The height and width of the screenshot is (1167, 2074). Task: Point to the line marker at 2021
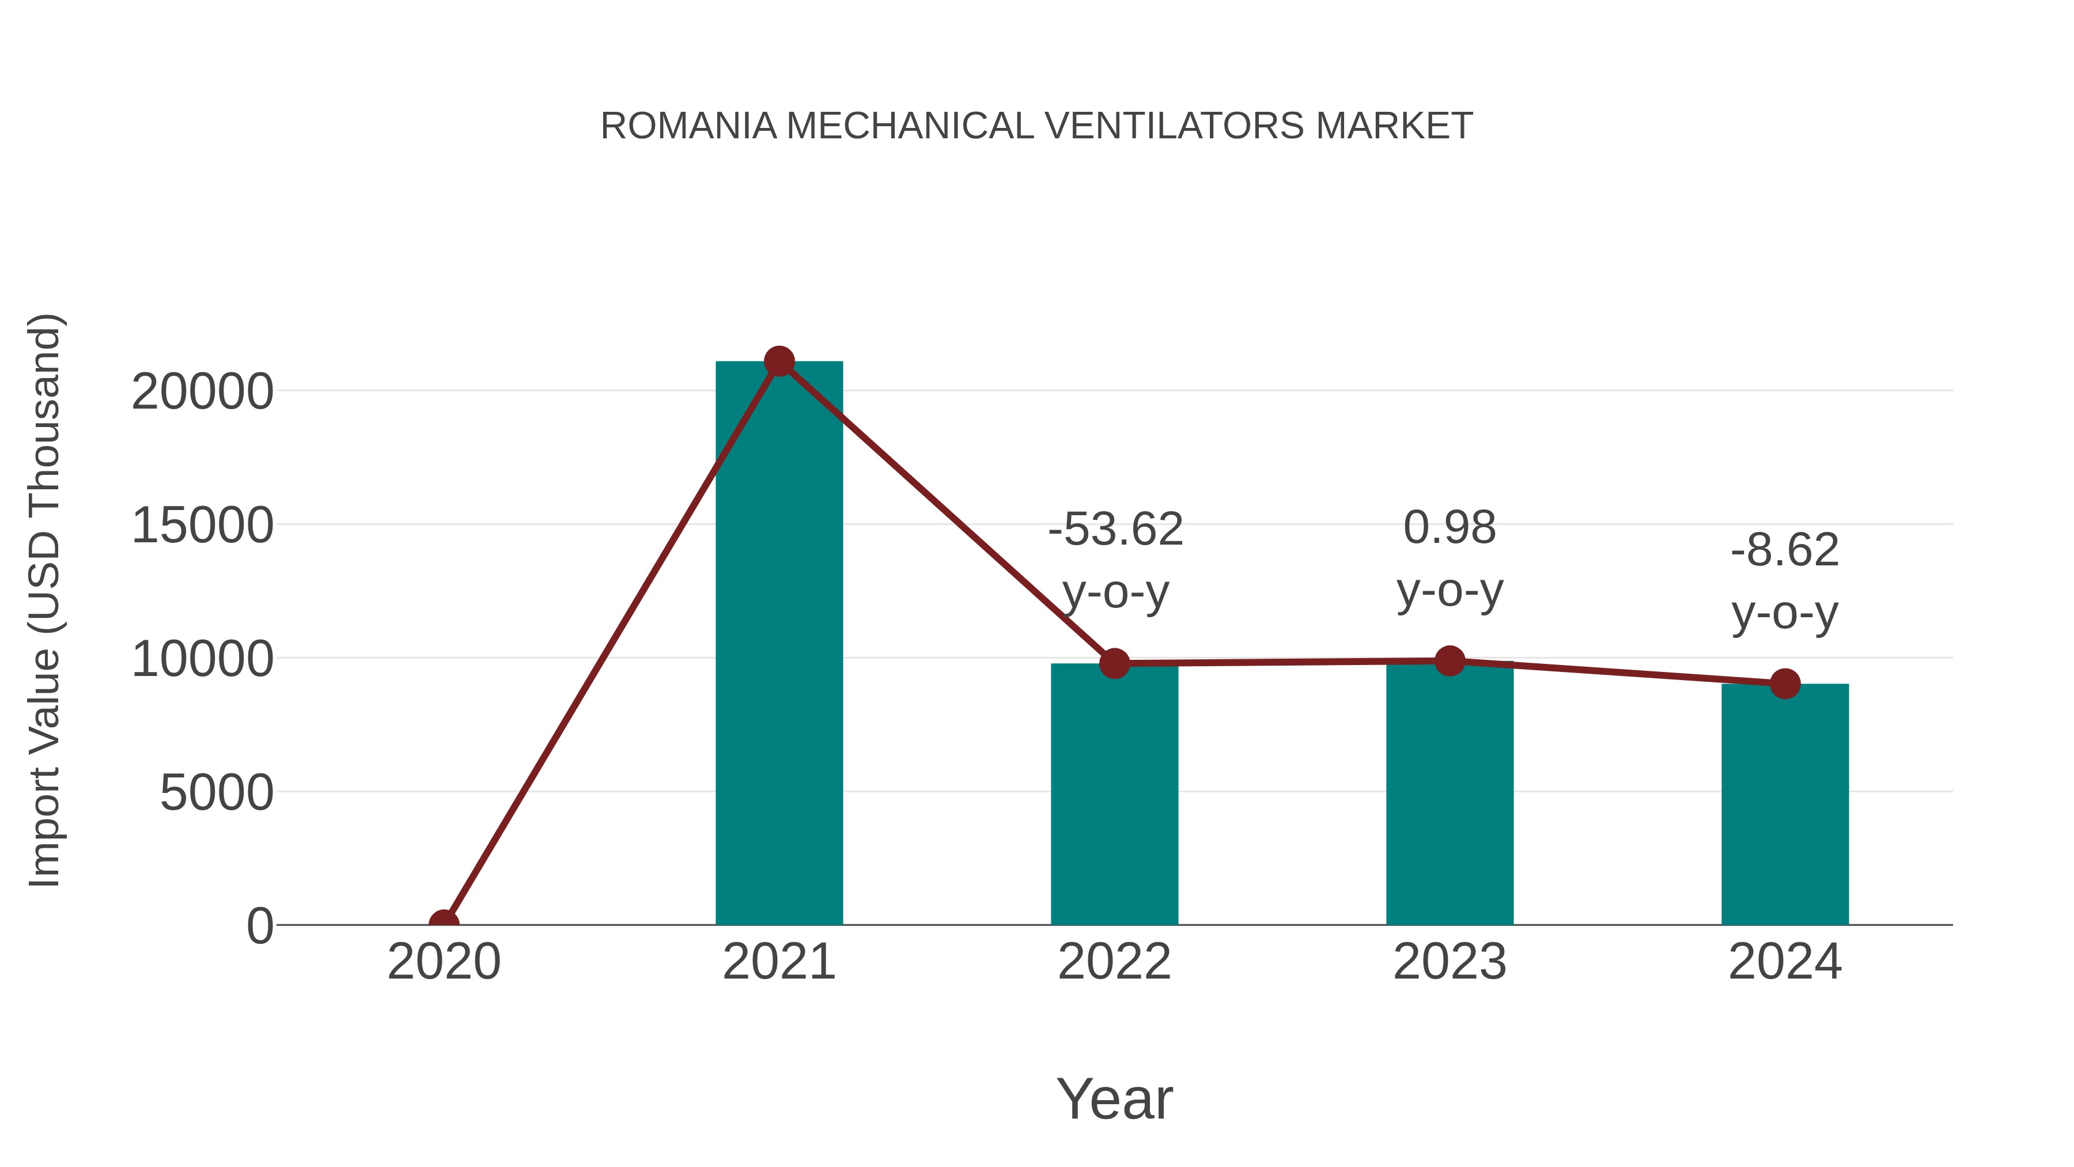pyautogui.click(x=778, y=361)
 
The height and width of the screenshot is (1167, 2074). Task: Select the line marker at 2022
pyautogui.click(x=1114, y=664)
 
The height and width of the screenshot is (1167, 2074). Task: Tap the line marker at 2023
pyautogui.click(x=1449, y=661)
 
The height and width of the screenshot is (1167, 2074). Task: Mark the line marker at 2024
pyautogui.click(x=1785, y=683)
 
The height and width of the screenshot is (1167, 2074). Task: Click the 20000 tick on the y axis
pyautogui.click(x=202, y=392)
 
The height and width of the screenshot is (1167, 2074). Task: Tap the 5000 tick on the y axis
pyautogui.click(x=217, y=794)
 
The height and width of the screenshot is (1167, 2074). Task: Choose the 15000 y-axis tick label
pyautogui.click(x=202, y=526)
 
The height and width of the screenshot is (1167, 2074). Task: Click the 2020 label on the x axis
pyautogui.click(x=444, y=962)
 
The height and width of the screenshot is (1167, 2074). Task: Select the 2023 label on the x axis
pyautogui.click(x=1449, y=962)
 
